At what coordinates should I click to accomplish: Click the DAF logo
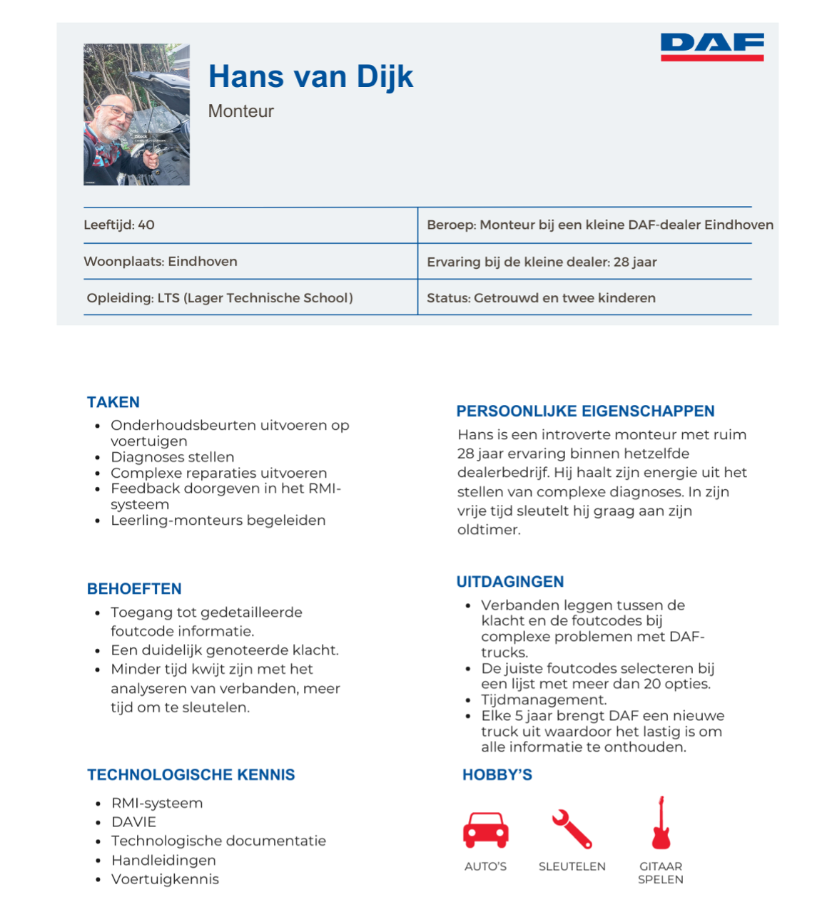(x=712, y=46)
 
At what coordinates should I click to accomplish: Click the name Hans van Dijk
(x=310, y=77)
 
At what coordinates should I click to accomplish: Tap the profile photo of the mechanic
(x=136, y=114)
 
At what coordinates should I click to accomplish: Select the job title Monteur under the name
(x=240, y=111)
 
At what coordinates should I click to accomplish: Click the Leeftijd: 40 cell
(x=119, y=225)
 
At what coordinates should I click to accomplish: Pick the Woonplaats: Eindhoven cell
(x=161, y=261)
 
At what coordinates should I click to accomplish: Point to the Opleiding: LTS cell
(x=220, y=297)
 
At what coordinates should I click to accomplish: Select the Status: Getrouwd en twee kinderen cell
(x=541, y=297)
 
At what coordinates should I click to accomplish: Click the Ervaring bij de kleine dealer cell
(x=542, y=262)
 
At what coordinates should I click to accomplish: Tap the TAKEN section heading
(x=113, y=402)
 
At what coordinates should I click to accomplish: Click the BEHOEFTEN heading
(x=134, y=589)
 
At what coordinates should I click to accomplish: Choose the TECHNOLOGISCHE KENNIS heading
(x=191, y=775)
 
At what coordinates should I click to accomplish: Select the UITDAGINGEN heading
(x=510, y=582)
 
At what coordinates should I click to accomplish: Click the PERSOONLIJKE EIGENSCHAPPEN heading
(x=585, y=411)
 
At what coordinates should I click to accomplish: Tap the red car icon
(x=486, y=829)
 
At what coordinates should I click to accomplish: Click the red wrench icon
(x=572, y=829)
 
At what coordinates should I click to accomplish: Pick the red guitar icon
(x=661, y=824)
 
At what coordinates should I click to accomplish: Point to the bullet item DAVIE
(x=133, y=822)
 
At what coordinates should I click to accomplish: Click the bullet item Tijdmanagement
(x=544, y=699)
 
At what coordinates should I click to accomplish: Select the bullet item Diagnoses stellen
(x=172, y=457)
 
